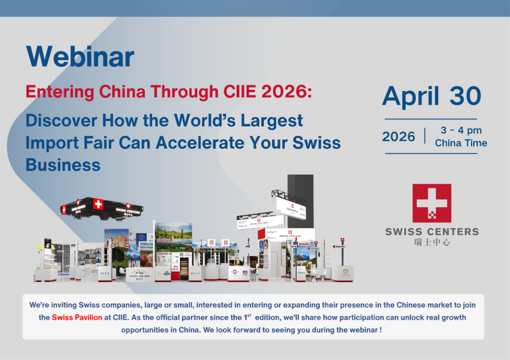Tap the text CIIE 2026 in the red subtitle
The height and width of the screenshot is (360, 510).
[264, 91]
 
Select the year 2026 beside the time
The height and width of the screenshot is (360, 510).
[399, 137]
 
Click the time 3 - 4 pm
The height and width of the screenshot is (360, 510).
[461, 130]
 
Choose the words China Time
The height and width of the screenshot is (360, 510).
[461, 143]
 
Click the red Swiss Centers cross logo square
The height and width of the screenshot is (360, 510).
[432, 203]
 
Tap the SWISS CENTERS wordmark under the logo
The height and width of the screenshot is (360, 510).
[432, 232]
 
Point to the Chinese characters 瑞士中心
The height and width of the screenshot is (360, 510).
[432, 242]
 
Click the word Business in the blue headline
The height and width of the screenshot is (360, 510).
[63, 165]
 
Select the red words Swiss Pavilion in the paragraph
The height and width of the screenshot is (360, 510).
[77, 317]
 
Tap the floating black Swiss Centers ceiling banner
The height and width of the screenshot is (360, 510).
[102, 207]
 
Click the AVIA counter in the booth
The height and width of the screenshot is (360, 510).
[104, 273]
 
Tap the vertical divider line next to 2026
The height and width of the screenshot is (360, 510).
[425, 136]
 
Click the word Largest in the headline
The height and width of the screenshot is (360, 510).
[272, 121]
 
